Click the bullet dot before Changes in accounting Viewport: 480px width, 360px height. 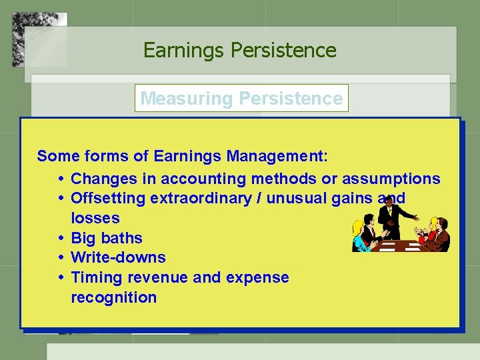pos(61,179)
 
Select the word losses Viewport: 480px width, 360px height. pos(95,218)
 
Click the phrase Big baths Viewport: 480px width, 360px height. pos(107,238)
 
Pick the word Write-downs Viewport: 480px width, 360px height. pos(118,257)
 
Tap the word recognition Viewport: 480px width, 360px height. pos(113,297)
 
